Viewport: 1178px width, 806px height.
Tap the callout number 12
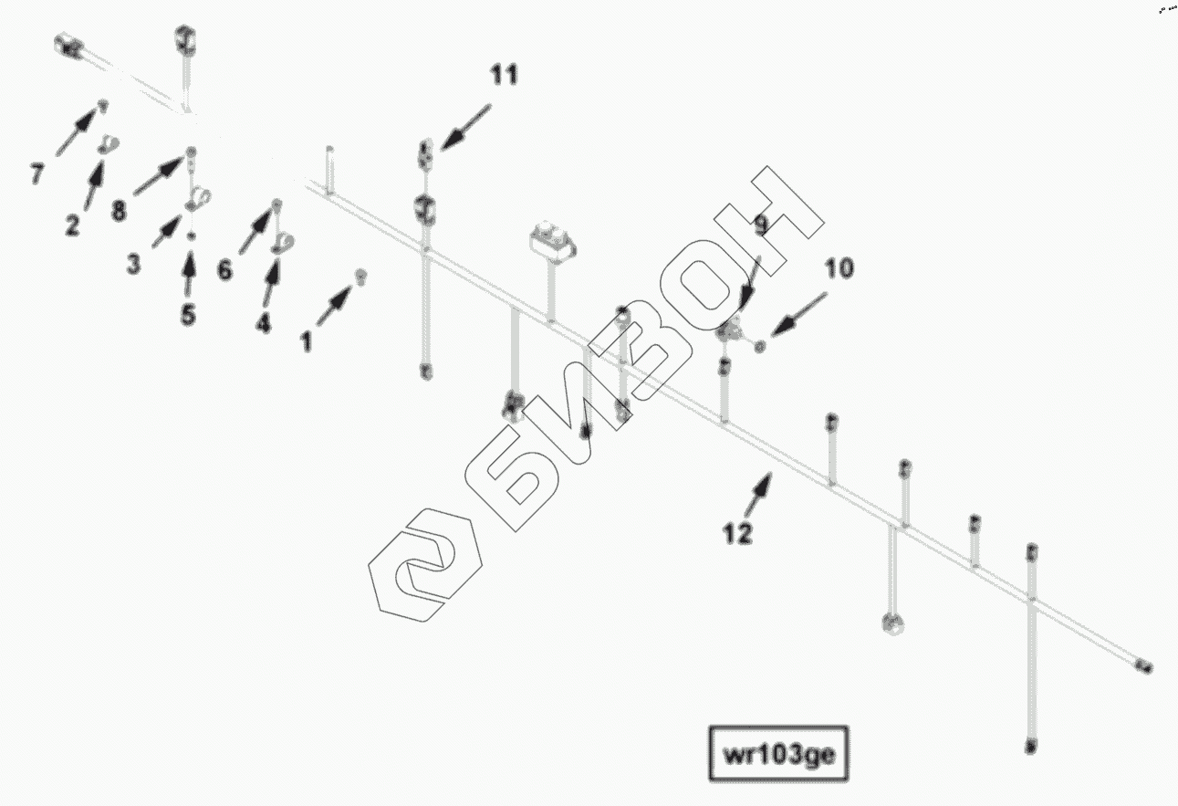[737, 534]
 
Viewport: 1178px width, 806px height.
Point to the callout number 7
[36, 173]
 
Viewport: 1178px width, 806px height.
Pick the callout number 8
[119, 211]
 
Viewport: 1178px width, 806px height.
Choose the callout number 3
[134, 265]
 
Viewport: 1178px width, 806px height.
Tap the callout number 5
[188, 315]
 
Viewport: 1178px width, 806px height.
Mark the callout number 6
[224, 271]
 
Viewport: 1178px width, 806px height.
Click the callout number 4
[263, 322]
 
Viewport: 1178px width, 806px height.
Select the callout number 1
[307, 342]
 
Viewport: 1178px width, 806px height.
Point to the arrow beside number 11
[465, 125]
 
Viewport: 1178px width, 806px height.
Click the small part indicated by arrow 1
[360, 277]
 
